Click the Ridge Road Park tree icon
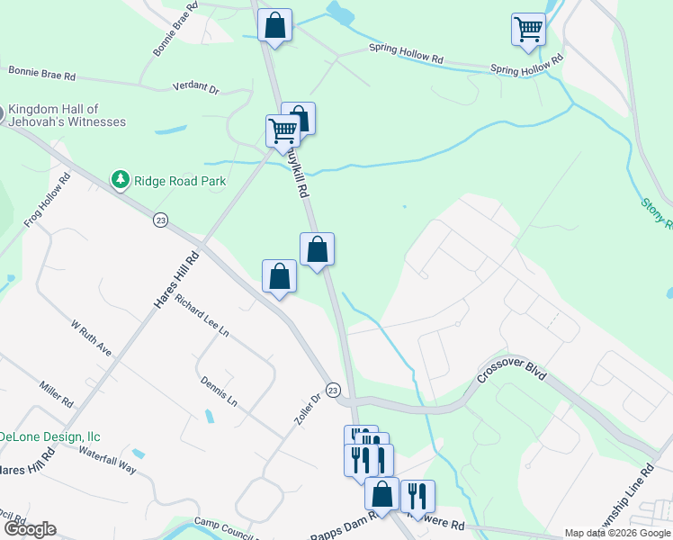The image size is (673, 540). click(120, 180)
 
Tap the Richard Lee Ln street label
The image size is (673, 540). click(202, 316)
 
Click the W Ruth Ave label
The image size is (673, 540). click(91, 337)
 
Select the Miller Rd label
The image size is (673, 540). click(56, 393)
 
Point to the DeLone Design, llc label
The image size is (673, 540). click(49, 436)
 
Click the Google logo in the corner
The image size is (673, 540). click(29, 529)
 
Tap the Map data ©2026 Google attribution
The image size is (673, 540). click(618, 533)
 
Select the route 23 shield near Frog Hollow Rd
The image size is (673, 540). click(160, 220)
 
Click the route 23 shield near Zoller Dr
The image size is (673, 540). click(333, 390)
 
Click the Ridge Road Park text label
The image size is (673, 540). click(180, 181)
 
